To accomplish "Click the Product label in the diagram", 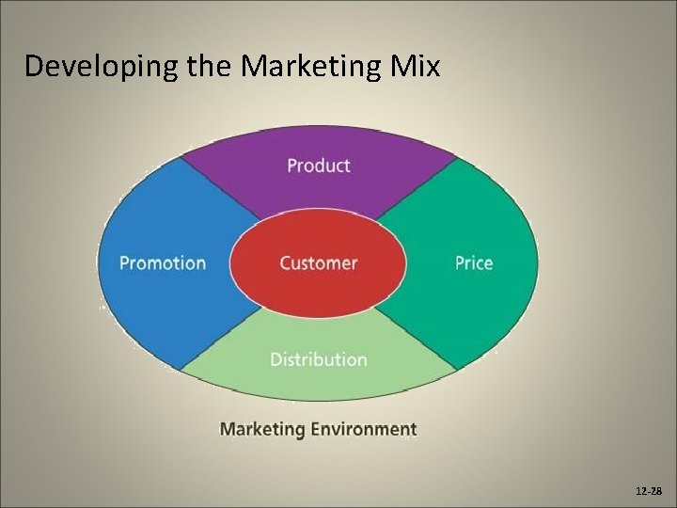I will tap(318, 166).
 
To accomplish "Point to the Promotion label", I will tap(163, 262).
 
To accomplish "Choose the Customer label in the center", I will tap(318, 262).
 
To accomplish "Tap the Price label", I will tap(473, 262).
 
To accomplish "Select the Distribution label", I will tap(318, 359).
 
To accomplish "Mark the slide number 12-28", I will tap(648, 492).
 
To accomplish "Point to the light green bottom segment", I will tap(318, 381).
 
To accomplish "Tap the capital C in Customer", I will tap(286, 262).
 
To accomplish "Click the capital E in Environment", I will tap(316, 429).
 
